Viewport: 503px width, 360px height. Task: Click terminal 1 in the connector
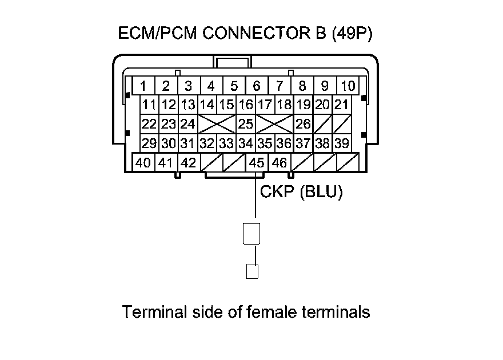[x=143, y=86]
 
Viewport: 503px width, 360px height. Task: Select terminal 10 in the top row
[x=348, y=86]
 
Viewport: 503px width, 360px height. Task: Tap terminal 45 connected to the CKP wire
[x=255, y=163]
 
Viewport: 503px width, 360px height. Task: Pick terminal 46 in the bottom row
[x=279, y=163]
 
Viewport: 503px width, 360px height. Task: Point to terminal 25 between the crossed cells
[x=246, y=123]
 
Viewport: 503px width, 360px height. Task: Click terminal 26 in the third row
[x=303, y=123]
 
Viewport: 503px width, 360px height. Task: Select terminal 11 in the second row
[x=150, y=105]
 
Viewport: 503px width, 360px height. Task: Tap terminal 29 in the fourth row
[x=150, y=143]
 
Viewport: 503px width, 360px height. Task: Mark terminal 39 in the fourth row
[x=341, y=143]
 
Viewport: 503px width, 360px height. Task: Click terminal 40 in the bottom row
[x=143, y=163]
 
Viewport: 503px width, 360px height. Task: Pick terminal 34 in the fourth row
[x=246, y=143]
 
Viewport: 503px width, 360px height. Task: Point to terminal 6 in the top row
[x=257, y=86]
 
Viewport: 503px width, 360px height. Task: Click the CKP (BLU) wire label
[x=301, y=192]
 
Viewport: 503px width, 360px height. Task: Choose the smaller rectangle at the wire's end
[x=252, y=271]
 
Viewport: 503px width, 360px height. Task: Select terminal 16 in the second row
[x=246, y=105]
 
